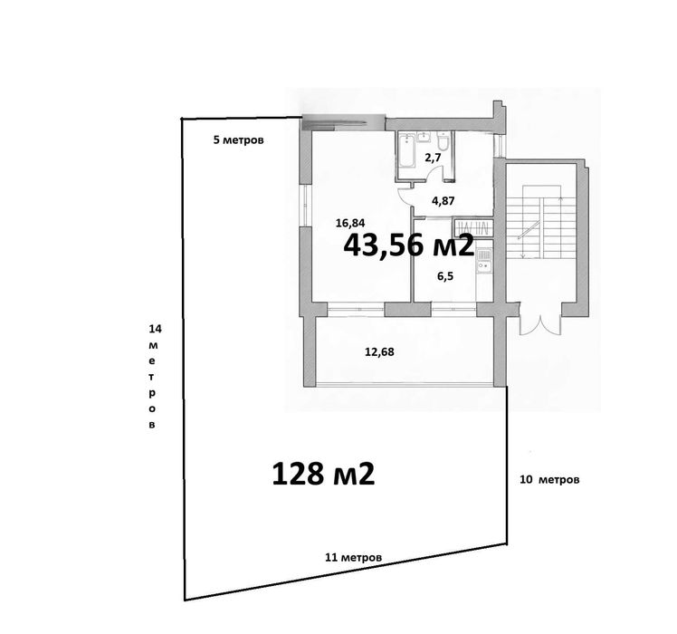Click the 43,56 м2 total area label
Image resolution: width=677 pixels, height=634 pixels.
click(408, 245)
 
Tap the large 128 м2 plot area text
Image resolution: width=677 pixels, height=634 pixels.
click(323, 473)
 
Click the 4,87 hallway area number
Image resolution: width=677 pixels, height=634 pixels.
click(443, 201)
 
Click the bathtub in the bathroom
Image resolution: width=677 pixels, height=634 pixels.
click(407, 149)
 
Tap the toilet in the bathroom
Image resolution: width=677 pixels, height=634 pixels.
click(443, 144)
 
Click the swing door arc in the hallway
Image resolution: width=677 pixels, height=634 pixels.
click(412, 191)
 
